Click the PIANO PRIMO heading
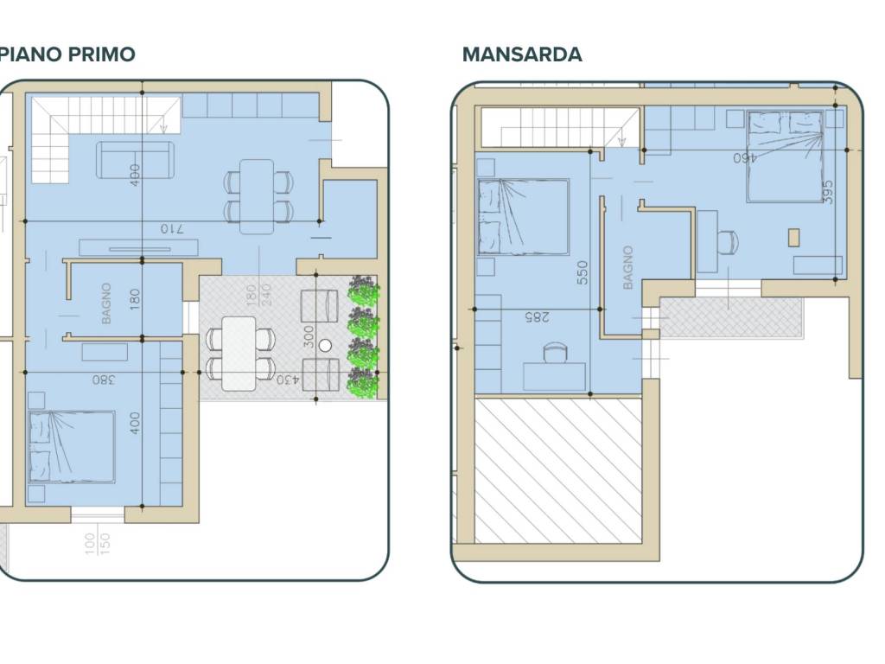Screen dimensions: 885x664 tap(67, 54)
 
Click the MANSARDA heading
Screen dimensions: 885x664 tap(522, 54)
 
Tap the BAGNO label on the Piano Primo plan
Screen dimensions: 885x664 tap(106, 303)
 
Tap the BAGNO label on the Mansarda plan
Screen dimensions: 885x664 tap(627, 268)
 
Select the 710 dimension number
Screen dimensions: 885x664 tap(172, 228)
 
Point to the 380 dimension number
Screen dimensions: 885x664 tap(104, 380)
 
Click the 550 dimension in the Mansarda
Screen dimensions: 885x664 tap(583, 272)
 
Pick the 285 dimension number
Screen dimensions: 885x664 tap(537, 316)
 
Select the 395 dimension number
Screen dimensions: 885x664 tap(827, 192)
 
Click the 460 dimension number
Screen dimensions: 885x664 tap(744, 158)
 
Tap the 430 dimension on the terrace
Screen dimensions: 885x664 tap(288, 380)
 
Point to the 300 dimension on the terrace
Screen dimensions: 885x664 tap(309, 337)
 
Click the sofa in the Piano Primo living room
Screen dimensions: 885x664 tap(135, 160)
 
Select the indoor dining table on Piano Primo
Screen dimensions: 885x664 tap(257, 196)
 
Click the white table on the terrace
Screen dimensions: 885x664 tap(239, 354)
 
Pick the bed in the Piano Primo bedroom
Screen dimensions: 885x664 tap(72, 447)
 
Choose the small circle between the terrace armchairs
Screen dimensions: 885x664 tap(325, 346)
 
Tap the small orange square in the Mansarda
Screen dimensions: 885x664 tap(793, 237)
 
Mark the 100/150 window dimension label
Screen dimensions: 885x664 tap(98, 543)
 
